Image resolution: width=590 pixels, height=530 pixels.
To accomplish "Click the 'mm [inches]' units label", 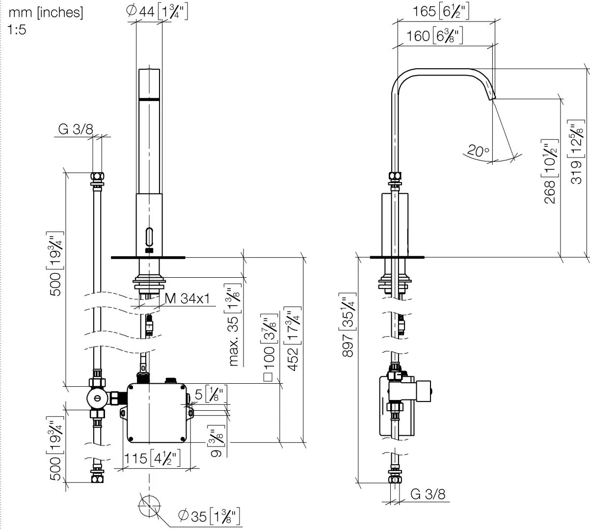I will click(x=46, y=13).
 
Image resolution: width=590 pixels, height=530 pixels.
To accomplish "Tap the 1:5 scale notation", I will click(x=18, y=29).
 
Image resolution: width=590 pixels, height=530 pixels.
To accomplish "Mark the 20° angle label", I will click(x=478, y=151).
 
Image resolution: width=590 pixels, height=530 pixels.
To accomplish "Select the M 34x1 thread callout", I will click(x=188, y=298).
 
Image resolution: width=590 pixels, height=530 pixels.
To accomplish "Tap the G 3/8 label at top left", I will click(x=76, y=129).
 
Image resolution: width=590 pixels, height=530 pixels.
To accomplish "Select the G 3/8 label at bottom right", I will click(x=428, y=494).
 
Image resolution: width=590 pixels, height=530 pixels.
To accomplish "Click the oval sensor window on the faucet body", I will click(x=149, y=238).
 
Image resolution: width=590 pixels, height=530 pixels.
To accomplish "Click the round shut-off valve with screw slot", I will click(x=97, y=398).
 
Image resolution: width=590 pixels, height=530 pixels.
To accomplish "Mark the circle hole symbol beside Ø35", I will click(x=149, y=506).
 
